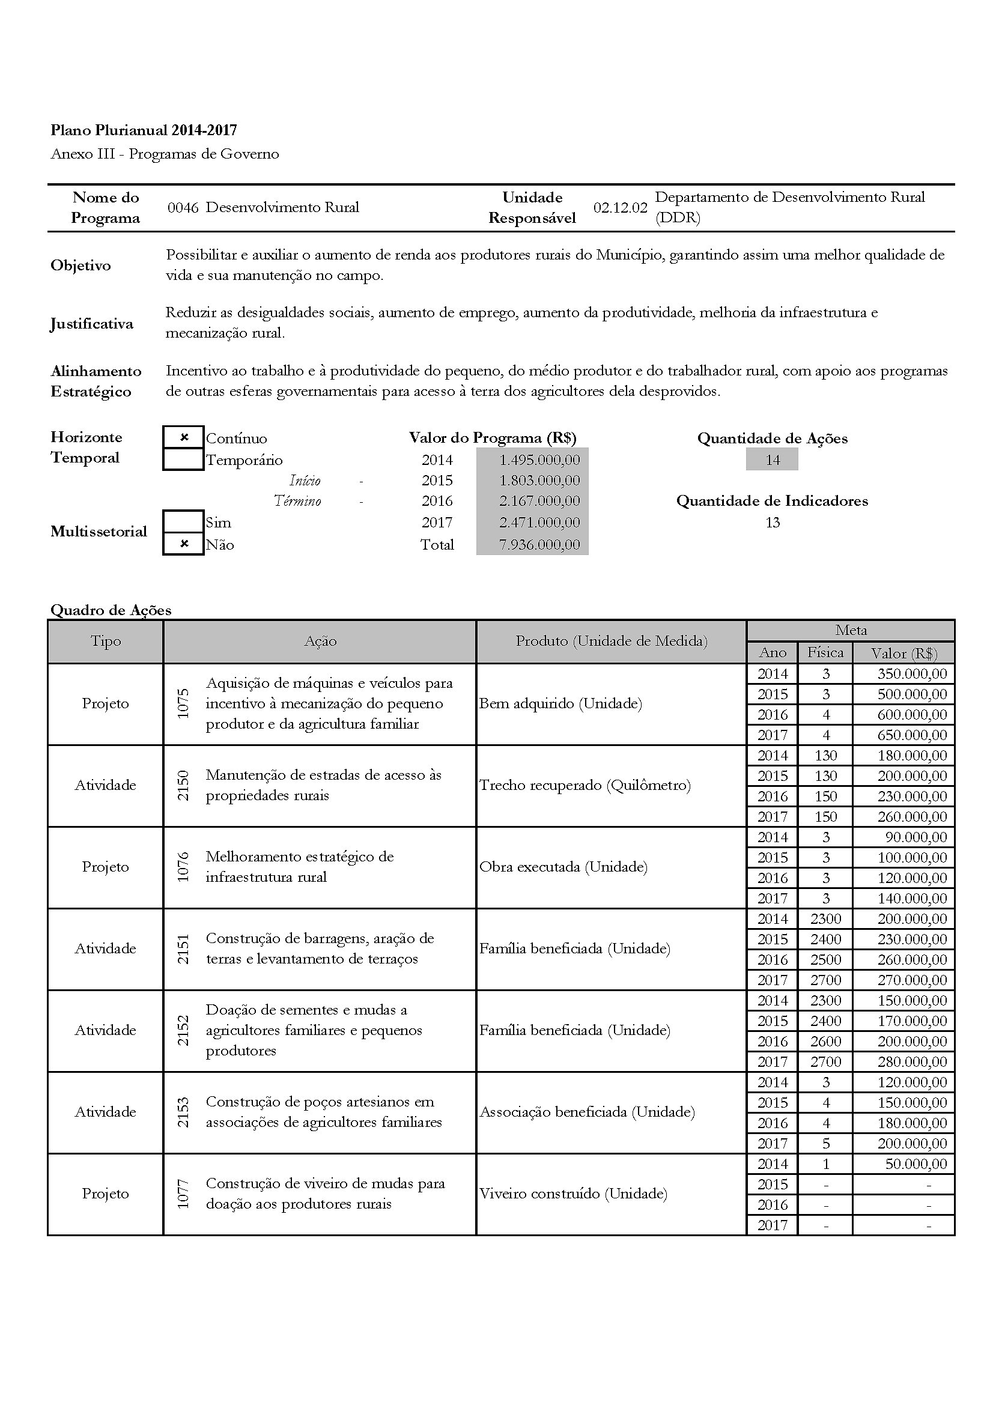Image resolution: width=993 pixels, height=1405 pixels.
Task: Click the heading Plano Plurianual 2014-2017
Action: click(x=144, y=130)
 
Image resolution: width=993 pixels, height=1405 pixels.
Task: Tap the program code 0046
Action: click(x=183, y=208)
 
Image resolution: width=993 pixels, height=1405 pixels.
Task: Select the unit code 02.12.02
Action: click(x=620, y=208)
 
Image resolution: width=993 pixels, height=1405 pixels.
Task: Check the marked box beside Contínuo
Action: click(x=184, y=437)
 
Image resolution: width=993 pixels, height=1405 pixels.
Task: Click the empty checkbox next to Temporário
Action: click(x=184, y=460)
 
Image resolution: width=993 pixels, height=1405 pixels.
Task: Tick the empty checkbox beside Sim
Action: click(x=184, y=522)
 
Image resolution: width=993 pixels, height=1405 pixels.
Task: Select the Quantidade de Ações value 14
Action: click(x=772, y=460)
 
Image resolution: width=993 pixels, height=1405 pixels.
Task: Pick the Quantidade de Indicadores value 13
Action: click(x=772, y=523)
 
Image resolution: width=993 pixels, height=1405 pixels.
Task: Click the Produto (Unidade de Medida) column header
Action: click(x=611, y=642)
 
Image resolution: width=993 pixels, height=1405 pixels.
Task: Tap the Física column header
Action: click(x=825, y=653)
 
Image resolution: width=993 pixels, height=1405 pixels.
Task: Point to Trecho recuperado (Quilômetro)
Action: click(x=585, y=785)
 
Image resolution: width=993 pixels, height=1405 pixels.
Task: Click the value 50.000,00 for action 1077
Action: click(x=916, y=1164)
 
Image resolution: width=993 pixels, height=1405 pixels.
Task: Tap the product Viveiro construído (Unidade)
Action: click(x=572, y=1194)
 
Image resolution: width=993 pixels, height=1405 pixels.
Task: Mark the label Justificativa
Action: click(x=92, y=324)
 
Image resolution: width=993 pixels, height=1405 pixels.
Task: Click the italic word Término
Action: click(x=297, y=502)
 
